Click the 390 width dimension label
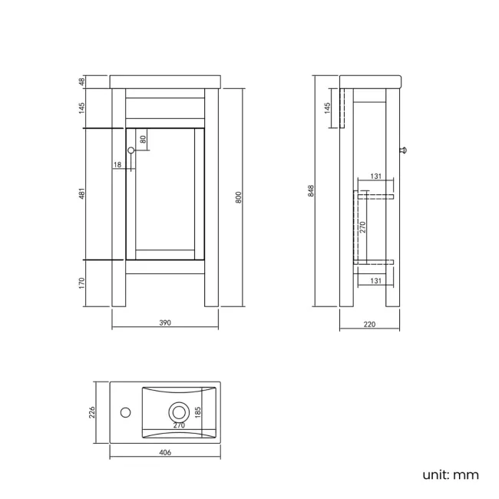click(165, 323)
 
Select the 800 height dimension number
click(238, 197)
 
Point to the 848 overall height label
click(312, 190)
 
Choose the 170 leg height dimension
click(81, 285)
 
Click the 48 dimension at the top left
click(81, 81)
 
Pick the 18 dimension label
click(117, 165)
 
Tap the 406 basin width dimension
click(165, 453)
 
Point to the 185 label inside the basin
click(198, 415)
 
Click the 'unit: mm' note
click(451, 474)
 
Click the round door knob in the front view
click(131, 150)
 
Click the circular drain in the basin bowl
click(178, 411)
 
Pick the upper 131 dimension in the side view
click(375, 177)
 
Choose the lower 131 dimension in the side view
click(375, 281)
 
